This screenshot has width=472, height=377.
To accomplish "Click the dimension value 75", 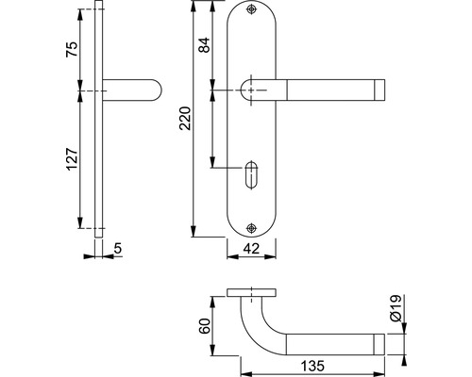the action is point(72,49).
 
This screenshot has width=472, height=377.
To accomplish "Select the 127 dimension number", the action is point(72,158).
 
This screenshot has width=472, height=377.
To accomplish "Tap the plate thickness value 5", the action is point(117,249).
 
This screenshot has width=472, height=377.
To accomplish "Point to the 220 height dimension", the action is point(185,119).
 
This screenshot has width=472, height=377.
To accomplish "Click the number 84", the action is point(204,45).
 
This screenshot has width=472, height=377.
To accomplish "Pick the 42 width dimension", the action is point(251,249).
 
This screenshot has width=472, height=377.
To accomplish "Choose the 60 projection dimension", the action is point(205,326).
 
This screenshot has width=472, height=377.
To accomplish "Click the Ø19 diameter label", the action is point(396,308).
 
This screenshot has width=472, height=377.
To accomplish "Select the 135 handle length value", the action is point(312,366).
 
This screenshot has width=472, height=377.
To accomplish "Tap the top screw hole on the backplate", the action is point(251,9).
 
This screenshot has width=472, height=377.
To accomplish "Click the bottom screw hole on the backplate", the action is point(251,228).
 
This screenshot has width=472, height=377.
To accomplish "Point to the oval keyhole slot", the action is point(251,175).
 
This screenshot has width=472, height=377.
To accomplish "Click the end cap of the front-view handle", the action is point(379,90).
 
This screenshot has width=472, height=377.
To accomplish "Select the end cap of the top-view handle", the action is point(379,345).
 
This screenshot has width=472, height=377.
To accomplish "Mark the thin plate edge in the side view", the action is point(98,119).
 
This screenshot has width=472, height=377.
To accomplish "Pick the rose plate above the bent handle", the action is point(251,292).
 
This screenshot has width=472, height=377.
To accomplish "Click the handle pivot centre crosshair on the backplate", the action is point(251,90).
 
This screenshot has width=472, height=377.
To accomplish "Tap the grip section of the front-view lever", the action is point(330,90).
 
